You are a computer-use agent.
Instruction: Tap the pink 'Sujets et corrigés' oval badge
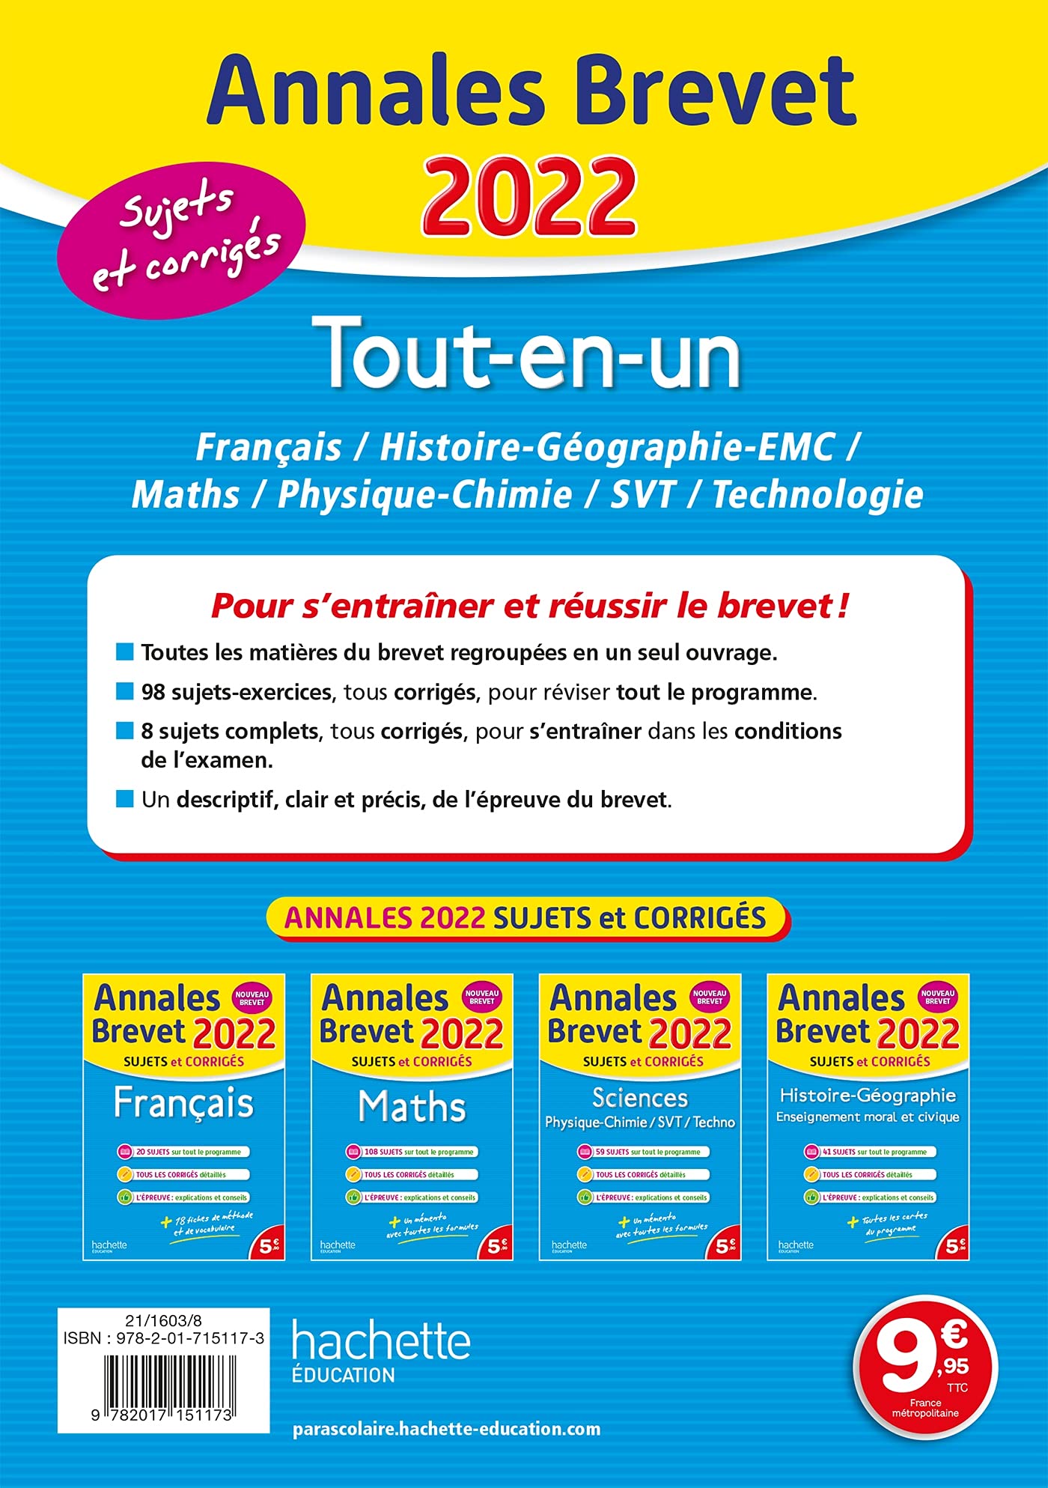(182, 240)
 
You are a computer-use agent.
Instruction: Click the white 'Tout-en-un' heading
(532, 353)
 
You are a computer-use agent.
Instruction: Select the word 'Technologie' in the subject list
(817, 494)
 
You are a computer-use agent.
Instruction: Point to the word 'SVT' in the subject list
(643, 494)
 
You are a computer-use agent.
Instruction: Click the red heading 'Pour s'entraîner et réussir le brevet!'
(529, 605)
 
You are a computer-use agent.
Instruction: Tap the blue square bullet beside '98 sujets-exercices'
(124, 690)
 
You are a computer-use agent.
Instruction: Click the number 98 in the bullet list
(153, 691)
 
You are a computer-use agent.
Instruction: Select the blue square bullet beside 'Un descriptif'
(124, 799)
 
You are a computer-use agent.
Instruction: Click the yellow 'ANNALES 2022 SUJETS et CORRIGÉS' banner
(526, 918)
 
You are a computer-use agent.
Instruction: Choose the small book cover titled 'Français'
(184, 1116)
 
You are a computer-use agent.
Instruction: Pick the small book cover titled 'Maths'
(412, 1116)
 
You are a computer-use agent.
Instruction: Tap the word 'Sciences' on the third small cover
(640, 1097)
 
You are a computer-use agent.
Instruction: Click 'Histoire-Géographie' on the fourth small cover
(868, 1095)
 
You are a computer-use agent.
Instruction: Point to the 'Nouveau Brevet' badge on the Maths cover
(481, 997)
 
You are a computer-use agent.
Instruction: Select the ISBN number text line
(164, 1338)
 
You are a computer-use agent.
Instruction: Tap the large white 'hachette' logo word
(381, 1339)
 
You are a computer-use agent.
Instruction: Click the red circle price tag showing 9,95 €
(925, 1367)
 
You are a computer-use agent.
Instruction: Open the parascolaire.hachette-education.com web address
(446, 1429)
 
